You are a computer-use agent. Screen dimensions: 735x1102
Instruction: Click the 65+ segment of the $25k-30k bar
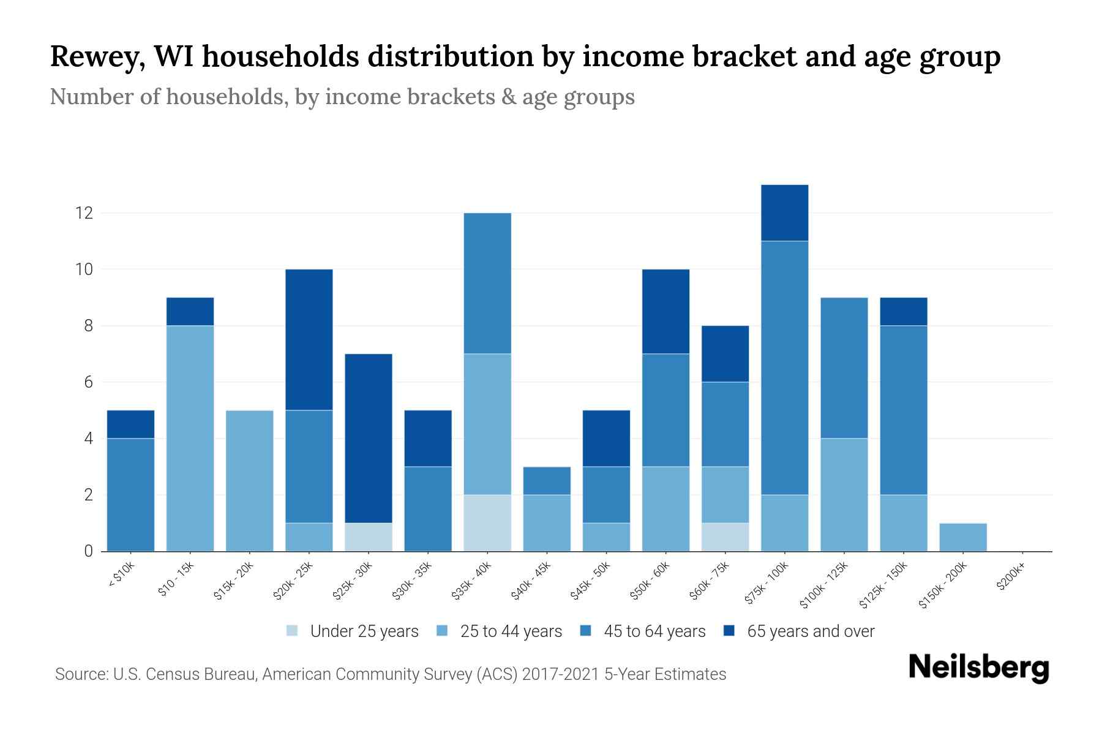[x=369, y=438]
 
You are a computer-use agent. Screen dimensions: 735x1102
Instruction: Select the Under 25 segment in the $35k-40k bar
[x=487, y=522]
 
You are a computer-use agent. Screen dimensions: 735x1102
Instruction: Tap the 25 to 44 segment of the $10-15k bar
[x=190, y=438]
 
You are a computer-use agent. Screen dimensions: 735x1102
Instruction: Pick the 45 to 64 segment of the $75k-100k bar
[x=784, y=367]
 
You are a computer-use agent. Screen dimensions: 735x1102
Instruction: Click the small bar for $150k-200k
[x=963, y=537]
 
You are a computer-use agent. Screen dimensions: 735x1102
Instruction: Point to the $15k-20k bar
[x=250, y=481]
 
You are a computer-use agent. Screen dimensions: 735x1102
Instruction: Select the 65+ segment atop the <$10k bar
[x=130, y=424]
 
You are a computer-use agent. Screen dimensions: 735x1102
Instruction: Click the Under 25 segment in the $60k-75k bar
[x=725, y=537]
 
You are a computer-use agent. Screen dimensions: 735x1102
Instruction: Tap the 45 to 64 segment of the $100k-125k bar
[x=844, y=367]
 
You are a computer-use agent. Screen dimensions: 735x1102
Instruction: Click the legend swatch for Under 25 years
[x=293, y=631]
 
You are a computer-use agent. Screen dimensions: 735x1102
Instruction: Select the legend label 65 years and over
[x=810, y=631]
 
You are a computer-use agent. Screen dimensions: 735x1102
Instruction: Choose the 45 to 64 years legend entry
[x=654, y=631]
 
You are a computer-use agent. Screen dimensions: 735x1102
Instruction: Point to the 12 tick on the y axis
[x=83, y=213]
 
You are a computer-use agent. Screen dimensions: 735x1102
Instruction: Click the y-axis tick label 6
[x=88, y=382]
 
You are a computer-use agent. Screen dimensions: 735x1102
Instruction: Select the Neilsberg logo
[x=978, y=668]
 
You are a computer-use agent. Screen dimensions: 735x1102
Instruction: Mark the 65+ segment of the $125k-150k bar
[x=903, y=311]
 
